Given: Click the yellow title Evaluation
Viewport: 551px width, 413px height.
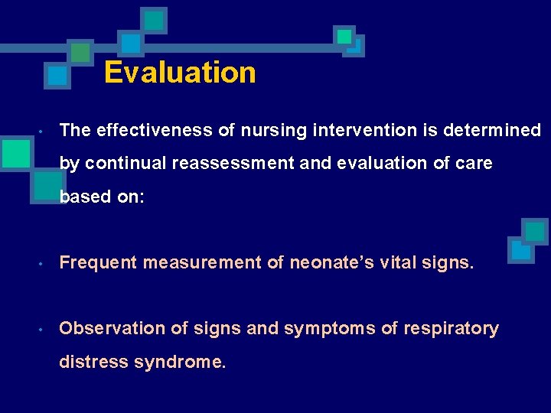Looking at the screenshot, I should point(180,73).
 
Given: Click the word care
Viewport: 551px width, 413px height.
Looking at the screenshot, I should point(474,164).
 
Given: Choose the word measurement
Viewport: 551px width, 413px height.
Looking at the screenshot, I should point(201,263).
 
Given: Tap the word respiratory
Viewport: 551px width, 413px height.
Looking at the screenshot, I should point(451,329).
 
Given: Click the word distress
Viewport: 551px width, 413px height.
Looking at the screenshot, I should point(93,362).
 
